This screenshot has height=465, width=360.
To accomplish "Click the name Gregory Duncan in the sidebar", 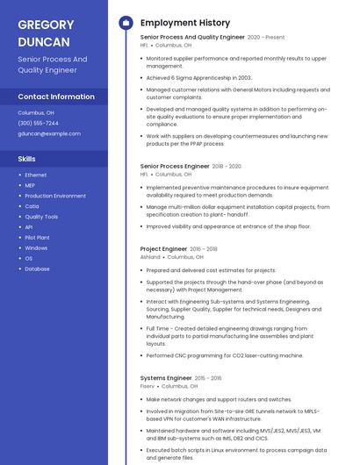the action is point(45,32).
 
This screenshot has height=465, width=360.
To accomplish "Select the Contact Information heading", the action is point(56,97).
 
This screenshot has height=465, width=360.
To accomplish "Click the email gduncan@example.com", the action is point(49,134).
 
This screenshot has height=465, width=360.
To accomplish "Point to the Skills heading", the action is point(27,159).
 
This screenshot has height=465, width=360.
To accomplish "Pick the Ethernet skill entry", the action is point(36,175).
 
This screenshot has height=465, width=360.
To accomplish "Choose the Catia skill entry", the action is point(32,206).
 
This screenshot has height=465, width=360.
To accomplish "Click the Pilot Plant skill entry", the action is point(38,238).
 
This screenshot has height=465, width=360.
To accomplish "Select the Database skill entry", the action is point(38,268).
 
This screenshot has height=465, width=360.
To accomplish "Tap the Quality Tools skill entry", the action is point(41,217).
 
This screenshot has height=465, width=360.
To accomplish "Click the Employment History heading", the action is point(185,23).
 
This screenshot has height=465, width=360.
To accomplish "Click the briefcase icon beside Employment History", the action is point(126,23).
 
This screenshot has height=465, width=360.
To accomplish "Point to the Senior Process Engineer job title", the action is point(175,166).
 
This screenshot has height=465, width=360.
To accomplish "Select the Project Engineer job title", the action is point(163,249).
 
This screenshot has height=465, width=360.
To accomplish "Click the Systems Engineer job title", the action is point(166,378).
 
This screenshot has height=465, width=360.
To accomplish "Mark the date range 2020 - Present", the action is point(266,38).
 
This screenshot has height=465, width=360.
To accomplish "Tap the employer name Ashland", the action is point(150,258).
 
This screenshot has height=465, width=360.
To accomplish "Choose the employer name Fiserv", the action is point(148,386).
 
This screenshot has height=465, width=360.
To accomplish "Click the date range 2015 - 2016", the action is point(208,378).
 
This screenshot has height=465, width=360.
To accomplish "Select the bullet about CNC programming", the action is point(225,355).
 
